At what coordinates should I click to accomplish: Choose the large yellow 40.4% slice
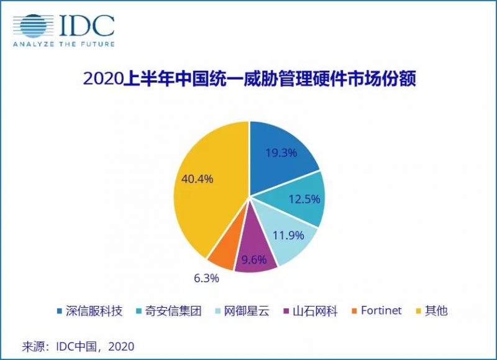[x=205, y=187]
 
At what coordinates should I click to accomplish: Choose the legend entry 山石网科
[x=310, y=311]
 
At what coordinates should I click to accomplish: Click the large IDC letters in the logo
[x=87, y=25]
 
